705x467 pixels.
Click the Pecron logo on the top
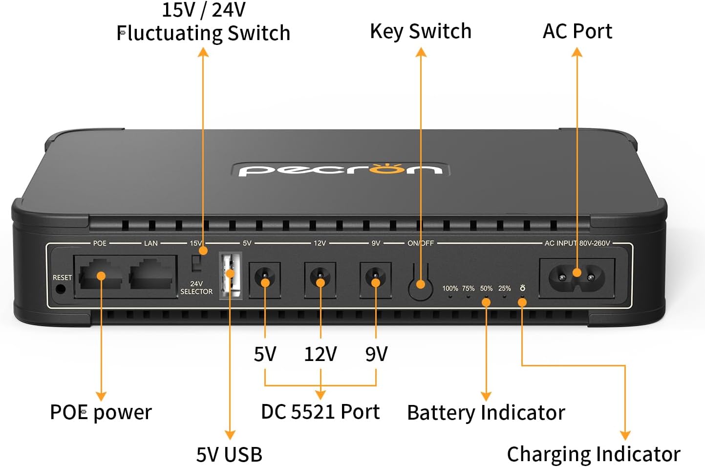point(341,170)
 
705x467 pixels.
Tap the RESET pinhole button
point(61,288)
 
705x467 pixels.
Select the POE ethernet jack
point(100,277)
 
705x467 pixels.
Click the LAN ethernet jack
point(152,276)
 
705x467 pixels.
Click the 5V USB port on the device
point(231,276)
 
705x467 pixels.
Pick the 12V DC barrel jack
point(320,280)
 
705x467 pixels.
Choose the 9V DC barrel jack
point(375,280)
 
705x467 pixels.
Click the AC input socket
point(577,277)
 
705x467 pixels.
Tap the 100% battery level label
point(450,289)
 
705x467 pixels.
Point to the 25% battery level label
point(504,289)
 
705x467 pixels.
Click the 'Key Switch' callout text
point(421,31)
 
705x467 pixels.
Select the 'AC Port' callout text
point(577,31)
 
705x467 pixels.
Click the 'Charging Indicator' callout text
point(593,454)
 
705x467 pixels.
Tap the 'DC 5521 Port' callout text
point(320,412)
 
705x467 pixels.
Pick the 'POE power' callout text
point(101,412)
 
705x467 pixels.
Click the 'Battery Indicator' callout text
point(486,413)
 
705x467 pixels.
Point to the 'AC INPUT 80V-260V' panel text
point(577,243)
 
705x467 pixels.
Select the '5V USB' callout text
point(229,454)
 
